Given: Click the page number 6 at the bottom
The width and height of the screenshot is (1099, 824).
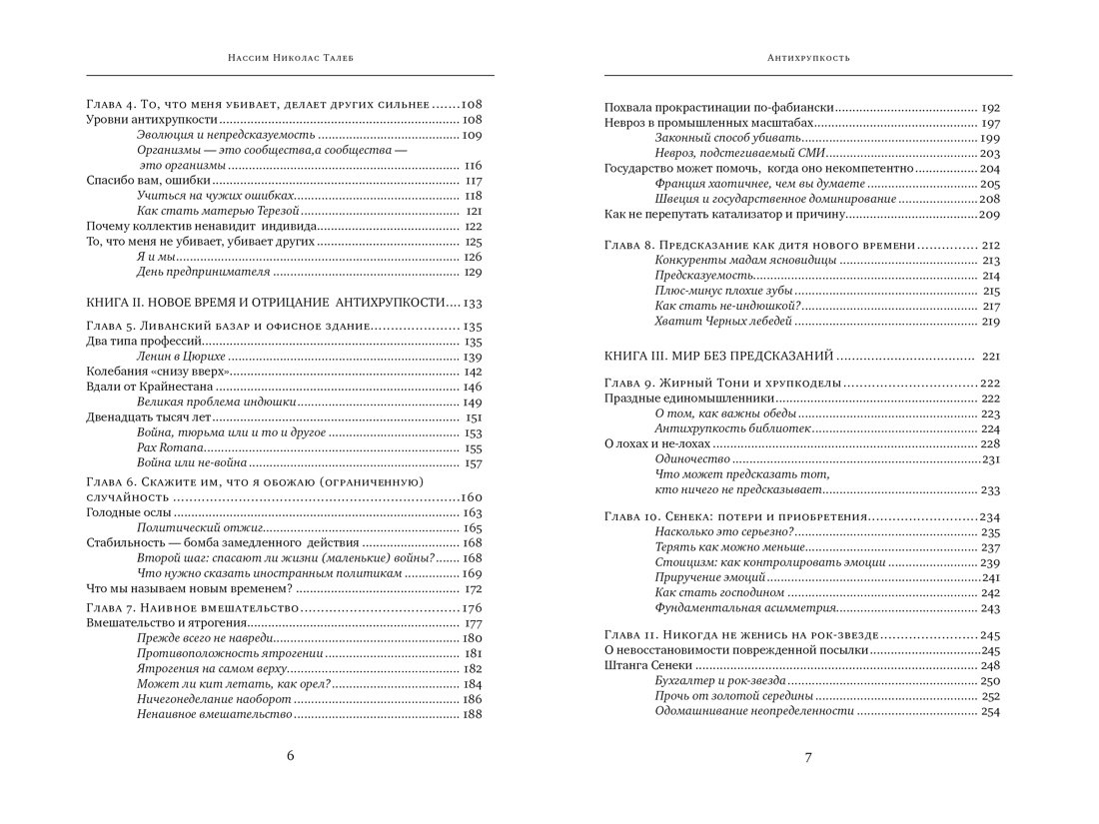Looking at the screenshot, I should [x=290, y=756].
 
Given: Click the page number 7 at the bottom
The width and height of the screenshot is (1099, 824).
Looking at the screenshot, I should [x=808, y=757].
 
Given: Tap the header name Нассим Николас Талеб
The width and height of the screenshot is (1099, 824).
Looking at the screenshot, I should [x=289, y=58].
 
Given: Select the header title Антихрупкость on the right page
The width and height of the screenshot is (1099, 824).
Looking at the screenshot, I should [x=808, y=58].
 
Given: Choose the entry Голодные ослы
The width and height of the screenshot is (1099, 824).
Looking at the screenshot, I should [x=118, y=512].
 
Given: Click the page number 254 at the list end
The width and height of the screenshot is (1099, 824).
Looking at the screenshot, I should [x=990, y=711].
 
